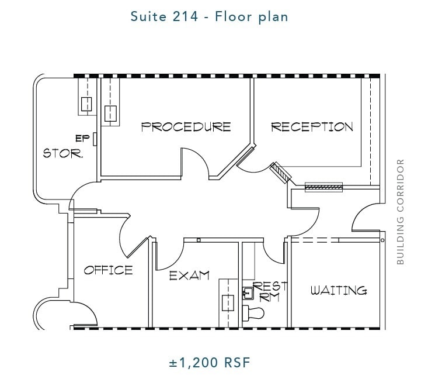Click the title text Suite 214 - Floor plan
coord(209,16)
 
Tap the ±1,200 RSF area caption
coord(209,363)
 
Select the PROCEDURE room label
coord(186,127)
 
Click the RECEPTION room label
coord(312,127)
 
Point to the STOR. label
coord(63,154)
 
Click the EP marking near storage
coord(81,139)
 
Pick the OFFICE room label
coord(108,270)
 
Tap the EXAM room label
coord(189,276)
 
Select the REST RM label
coord(270,291)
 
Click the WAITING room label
coord(339,290)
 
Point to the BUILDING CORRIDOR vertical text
coord(401,212)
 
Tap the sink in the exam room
coord(227,303)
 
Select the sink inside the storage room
coord(86,105)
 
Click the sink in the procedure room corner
coord(110,112)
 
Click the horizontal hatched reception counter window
coord(325,187)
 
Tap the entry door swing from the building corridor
coord(366,219)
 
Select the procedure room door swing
coord(195,162)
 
